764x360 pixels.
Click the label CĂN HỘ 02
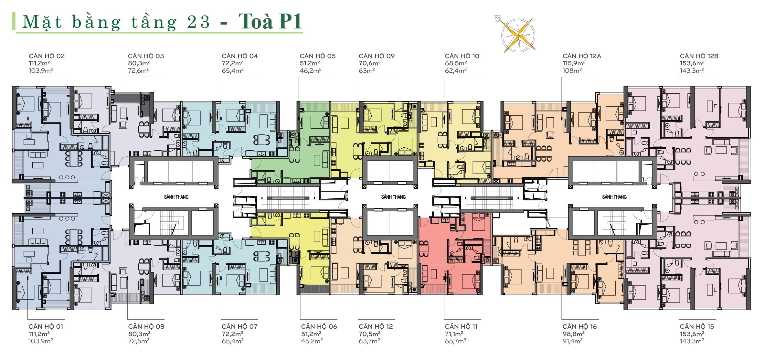[x=47, y=56]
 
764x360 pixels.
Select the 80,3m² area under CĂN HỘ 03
[x=139, y=63]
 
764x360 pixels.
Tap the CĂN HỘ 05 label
[x=317, y=56]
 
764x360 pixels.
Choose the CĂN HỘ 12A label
[x=582, y=56]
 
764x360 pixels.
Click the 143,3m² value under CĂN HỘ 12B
[x=692, y=70]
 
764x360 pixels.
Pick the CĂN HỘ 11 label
[x=461, y=326]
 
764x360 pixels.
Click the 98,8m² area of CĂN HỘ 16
[x=573, y=334]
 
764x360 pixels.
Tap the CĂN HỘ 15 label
[x=697, y=326]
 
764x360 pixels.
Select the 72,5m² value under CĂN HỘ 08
[x=139, y=341]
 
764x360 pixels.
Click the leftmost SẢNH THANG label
[x=176, y=197]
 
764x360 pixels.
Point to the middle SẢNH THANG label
[x=393, y=197]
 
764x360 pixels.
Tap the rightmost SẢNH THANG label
[x=614, y=197]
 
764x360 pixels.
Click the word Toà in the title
[x=256, y=22]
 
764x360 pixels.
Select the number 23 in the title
[x=198, y=22]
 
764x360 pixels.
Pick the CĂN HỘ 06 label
[x=319, y=326]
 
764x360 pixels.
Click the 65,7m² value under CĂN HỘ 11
[x=455, y=341]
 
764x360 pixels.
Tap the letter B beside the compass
[x=498, y=19]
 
